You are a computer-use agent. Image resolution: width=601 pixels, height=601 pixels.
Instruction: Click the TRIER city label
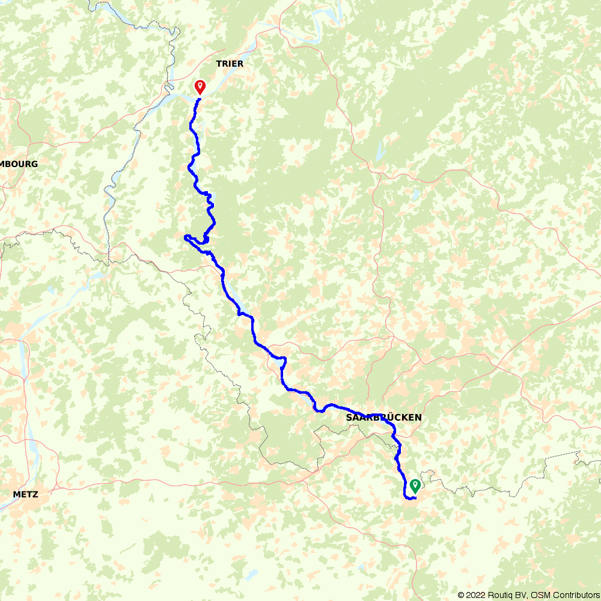click(229, 63)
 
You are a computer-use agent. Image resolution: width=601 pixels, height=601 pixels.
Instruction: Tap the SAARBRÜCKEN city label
click(383, 417)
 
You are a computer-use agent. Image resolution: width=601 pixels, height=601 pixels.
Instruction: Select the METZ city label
click(25, 495)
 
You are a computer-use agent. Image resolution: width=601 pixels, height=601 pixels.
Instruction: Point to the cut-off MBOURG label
click(19, 163)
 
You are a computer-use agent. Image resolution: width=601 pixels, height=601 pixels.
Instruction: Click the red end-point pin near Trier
click(200, 87)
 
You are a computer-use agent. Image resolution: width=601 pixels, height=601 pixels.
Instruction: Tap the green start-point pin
click(415, 484)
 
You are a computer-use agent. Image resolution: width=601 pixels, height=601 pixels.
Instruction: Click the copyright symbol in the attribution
click(461, 595)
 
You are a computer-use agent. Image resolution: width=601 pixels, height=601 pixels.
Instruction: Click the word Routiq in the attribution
click(499, 595)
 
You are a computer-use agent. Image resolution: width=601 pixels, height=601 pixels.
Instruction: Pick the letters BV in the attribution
click(520, 595)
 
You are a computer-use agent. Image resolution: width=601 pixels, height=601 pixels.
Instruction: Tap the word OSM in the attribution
click(538, 595)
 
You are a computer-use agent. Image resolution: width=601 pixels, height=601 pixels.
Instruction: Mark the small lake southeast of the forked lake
click(415, 194)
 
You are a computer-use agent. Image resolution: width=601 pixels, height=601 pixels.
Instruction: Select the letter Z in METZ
click(35, 495)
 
